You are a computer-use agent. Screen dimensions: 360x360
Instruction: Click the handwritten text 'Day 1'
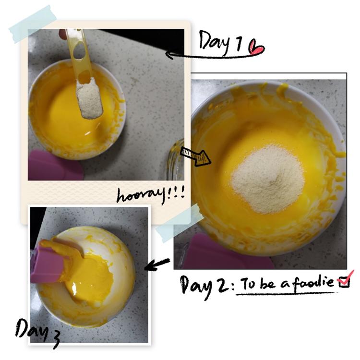pyautogui.click(x=221, y=42)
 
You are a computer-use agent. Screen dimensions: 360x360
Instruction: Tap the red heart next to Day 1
pyautogui.click(x=256, y=48)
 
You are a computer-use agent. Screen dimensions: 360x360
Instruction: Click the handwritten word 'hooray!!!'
pyautogui.click(x=151, y=196)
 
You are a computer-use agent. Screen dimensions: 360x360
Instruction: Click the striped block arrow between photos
pyautogui.click(x=196, y=156)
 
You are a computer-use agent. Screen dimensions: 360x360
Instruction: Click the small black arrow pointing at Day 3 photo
pyautogui.click(x=157, y=264)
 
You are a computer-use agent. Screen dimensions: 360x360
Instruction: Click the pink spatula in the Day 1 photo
pyautogui.click(x=53, y=165)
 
